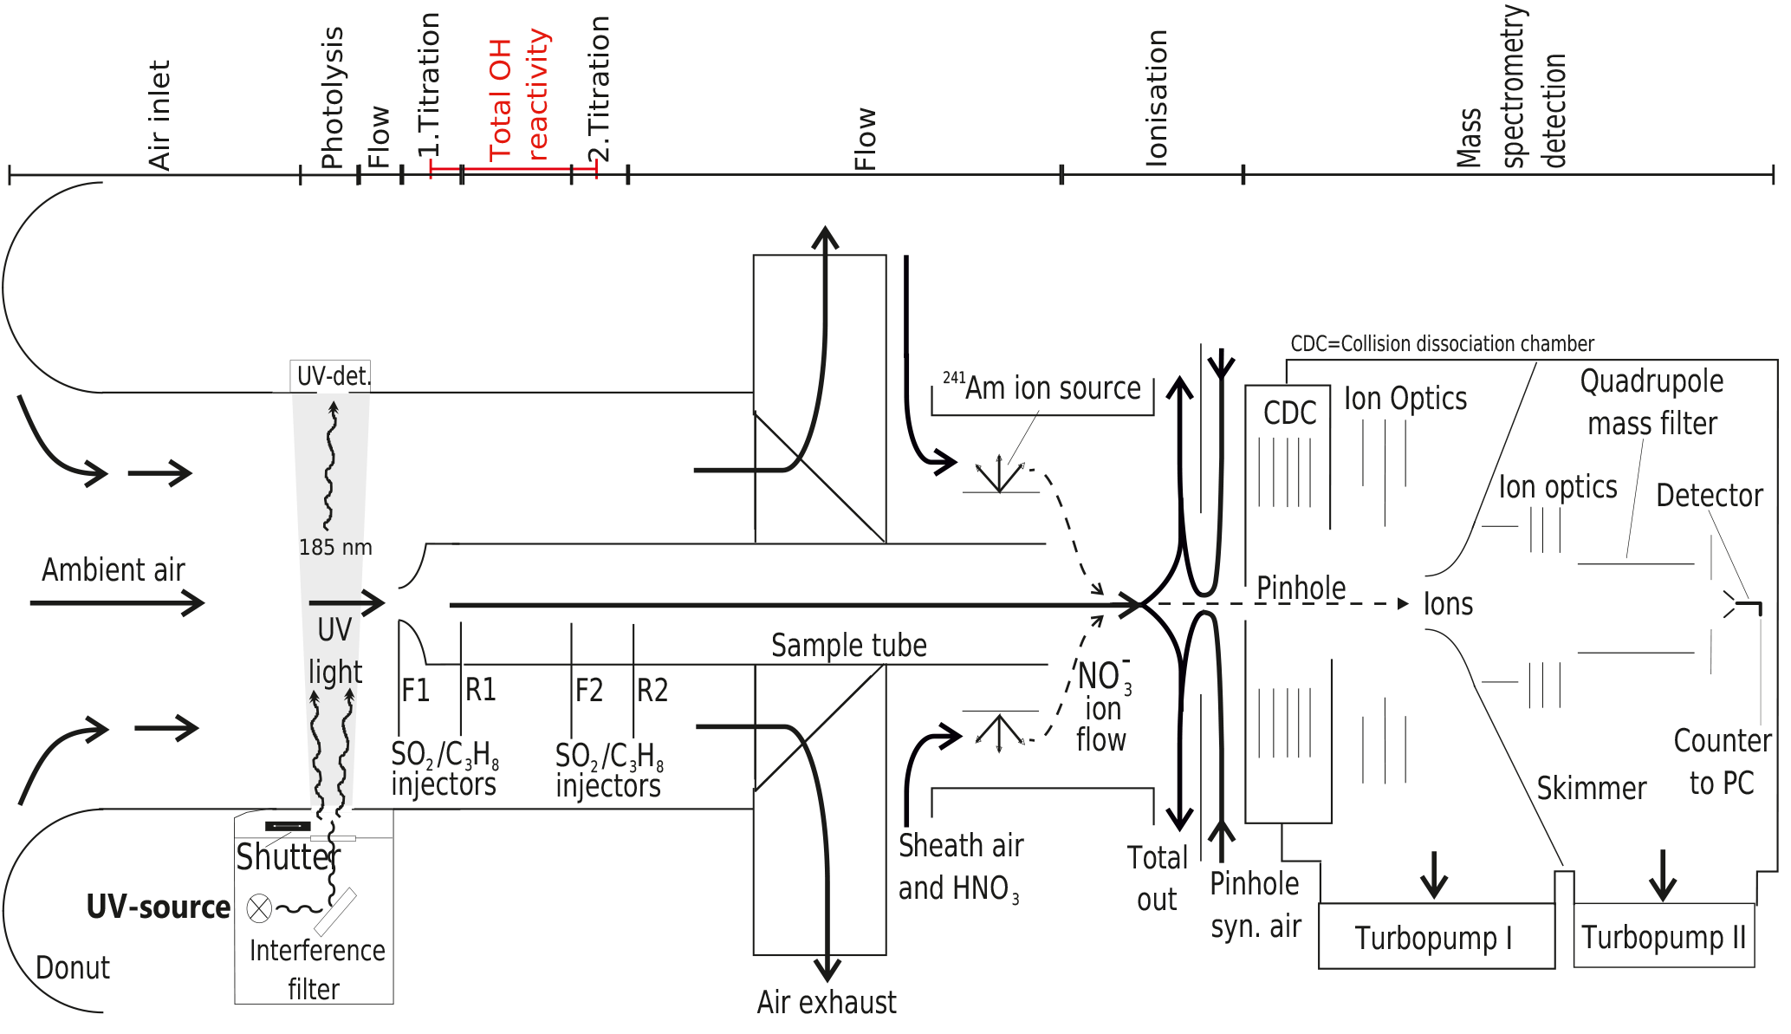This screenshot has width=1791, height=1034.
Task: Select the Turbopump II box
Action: pyautogui.click(x=1664, y=937)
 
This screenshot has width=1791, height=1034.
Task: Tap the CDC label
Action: pyautogui.click(x=1289, y=413)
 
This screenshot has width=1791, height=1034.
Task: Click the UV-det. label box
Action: pyautogui.click(x=332, y=376)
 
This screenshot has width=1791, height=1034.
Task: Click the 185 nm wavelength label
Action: pyautogui.click(x=335, y=548)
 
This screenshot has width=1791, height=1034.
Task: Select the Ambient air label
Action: pyautogui.click(x=114, y=570)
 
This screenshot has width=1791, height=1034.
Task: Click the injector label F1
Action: pyautogui.click(x=416, y=691)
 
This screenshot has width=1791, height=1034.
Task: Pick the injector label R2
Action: pyautogui.click(x=652, y=691)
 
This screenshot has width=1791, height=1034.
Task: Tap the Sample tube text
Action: pyautogui.click(x=848, y=646)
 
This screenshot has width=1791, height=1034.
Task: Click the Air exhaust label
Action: pyautogui.click(x=827, y=1003)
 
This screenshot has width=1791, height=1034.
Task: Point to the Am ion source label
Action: pyautogui.click(x=1042, y=388)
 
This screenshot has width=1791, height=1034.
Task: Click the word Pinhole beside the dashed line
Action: pyautogui.click(x=1301, y=588)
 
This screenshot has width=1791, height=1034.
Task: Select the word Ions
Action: pyautogui.click(x=1448, y=604)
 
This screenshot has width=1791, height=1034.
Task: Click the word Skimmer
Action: pyautogui.click(x=1591, y=789)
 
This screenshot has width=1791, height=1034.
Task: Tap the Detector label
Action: pyautogui.click(x=1709, y=496)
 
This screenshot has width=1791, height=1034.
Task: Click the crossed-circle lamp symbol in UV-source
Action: pyautogui.click(x=259, y=908)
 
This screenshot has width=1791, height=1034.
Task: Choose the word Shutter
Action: pyautogui.click(x=288, y=857)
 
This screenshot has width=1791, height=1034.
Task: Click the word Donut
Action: pyautogui.click(x=73, y=968)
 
